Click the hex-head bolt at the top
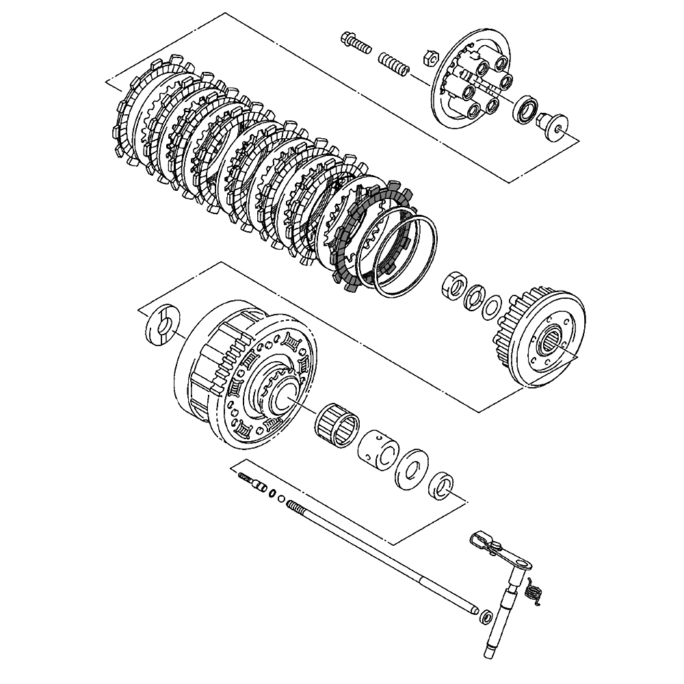[x=354, y=42]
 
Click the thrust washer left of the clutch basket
[x=162, y=323]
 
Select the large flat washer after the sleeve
[x=412, y=469]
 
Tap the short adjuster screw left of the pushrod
[x=252, y=483]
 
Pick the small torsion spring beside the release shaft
[x=536, y=591]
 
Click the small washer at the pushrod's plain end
[x=486, y=616]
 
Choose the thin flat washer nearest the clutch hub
[x=491, y=306]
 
